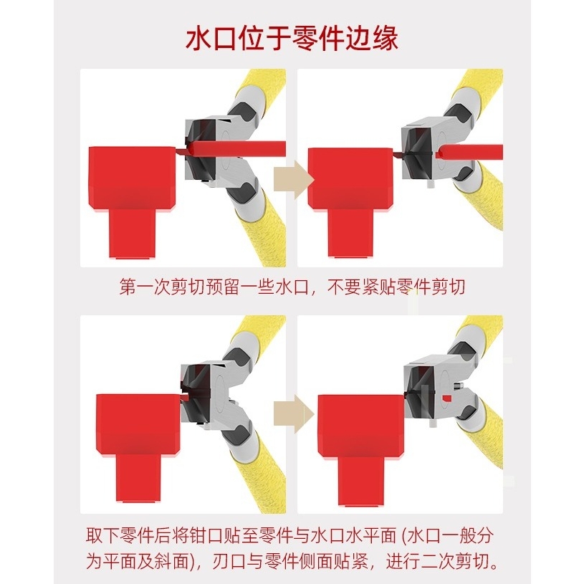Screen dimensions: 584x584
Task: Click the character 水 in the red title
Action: tap(198, 39)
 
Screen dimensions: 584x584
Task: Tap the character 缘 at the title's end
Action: tap(385, 39)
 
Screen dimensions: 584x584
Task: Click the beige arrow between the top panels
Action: tap(294, 180)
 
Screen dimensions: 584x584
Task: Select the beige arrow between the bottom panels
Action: tap(294, 413)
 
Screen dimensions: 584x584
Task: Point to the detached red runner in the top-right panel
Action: tap(471, 152)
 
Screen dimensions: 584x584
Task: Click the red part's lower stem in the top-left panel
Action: tap(132, 233)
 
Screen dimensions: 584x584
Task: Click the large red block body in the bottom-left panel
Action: tap(139, 423)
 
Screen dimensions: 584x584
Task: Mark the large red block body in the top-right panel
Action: tap(351, 178)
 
